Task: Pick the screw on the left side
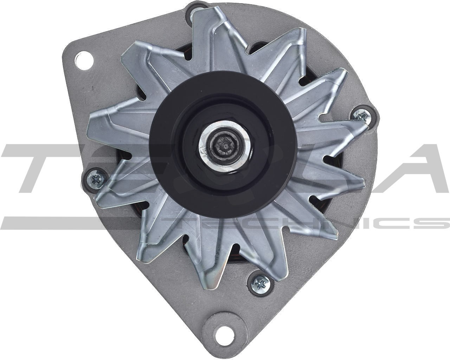tap(94, 180)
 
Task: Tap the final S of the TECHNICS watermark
tap(434, 223)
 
